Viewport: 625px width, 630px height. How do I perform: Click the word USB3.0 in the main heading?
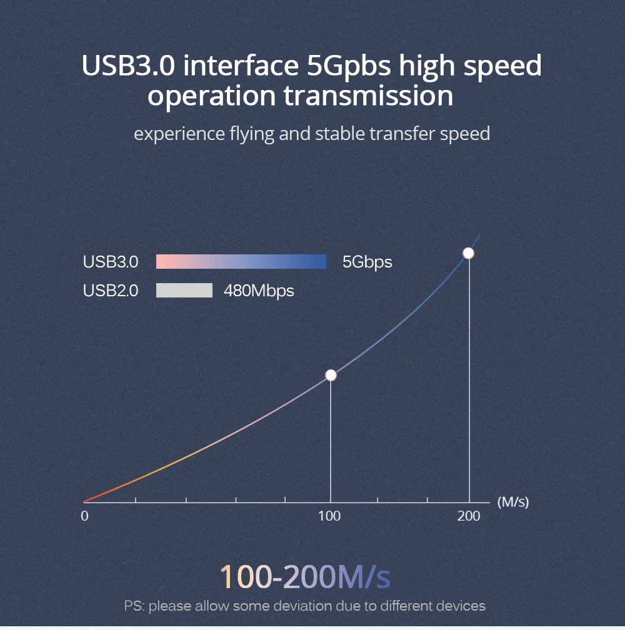128,65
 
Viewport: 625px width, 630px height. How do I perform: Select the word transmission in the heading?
368,96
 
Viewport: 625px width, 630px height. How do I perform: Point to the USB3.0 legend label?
111,262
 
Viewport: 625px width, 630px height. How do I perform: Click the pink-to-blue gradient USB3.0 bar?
241,261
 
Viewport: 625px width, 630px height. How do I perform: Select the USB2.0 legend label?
111,291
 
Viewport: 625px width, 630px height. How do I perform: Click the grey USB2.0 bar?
184,291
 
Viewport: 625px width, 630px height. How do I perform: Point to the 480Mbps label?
259,291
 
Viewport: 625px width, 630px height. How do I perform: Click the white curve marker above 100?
331,375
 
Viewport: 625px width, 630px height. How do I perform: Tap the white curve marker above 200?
468,253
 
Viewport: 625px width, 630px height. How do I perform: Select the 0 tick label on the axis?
84,516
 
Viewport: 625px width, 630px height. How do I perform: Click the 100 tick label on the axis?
329,516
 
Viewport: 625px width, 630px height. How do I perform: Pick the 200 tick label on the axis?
469,516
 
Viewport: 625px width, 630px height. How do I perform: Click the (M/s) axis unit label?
513,502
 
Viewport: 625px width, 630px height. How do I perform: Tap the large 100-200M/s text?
305,577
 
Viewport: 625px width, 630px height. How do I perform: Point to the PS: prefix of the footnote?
134,606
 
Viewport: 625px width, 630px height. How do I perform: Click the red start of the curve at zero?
86,501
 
